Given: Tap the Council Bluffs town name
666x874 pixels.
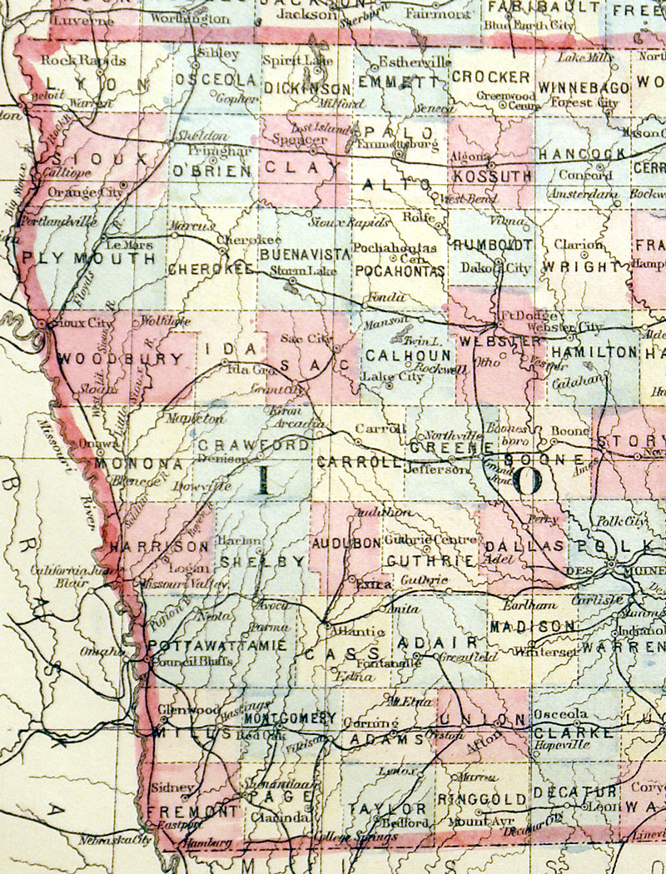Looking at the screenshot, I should [x=181, y=662].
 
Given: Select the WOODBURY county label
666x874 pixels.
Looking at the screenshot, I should [x=121, y=360].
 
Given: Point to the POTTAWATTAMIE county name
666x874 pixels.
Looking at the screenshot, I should [x=218, y=646].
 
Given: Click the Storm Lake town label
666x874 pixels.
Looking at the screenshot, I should [x=296, y=271].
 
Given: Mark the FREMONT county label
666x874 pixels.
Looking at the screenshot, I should [x=193, y=810].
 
